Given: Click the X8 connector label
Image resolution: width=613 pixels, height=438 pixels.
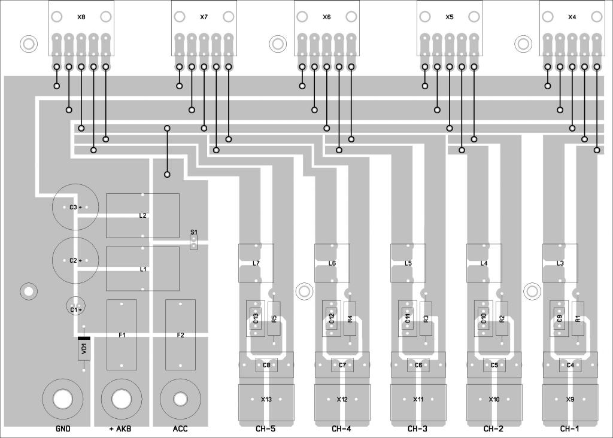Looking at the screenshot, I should pos(81,17).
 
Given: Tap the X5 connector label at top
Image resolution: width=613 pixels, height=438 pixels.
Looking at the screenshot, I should pos(450,17).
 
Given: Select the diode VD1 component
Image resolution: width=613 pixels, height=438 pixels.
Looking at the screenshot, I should pos(84,348).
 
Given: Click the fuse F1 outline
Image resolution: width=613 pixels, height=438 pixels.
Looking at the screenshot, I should pos(122,335).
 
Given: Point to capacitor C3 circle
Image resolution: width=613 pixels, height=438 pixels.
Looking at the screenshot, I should pos(74,207).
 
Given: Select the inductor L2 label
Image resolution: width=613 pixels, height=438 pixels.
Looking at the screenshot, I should pos(142,215).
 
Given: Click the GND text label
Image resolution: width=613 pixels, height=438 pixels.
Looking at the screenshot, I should pos(63,429).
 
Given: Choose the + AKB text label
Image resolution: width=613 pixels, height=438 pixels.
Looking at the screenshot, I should pos(120,429).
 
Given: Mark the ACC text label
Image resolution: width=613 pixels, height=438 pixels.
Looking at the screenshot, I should pos(180,429).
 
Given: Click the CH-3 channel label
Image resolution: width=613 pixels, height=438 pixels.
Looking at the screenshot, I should pos(418,429).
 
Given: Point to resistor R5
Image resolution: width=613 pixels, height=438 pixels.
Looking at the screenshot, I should pos(274,319).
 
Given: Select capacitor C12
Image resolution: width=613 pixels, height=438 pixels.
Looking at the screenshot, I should pos(331,319).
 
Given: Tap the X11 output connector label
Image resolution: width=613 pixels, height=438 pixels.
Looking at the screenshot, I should pos(418,399).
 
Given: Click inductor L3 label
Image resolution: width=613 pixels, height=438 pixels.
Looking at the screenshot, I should pos(560,263).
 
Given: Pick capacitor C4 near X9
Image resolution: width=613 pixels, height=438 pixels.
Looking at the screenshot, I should pos(570,365).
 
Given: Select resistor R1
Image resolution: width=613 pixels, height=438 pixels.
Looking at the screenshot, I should pos(578,319).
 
